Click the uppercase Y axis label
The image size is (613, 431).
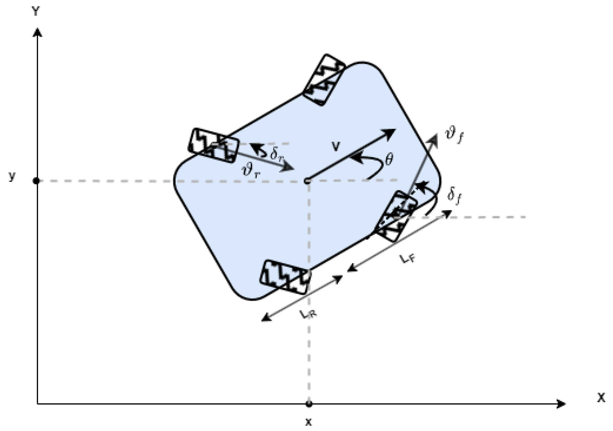tap(35, 12)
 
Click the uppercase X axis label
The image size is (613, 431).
tap(601, 398)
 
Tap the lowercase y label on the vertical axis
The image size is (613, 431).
tap(12, 176)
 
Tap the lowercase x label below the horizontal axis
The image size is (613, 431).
tap(308, 422)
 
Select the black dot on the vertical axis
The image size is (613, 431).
tap(36, 181)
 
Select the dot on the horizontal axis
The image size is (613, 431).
tap(309, 404)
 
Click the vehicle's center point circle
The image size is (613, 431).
tap(307, 181)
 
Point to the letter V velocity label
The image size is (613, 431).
tap(335, 146)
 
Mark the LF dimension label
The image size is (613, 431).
tap(408, 259)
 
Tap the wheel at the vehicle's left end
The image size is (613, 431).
tap(213, 145)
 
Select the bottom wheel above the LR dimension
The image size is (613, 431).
tap(285, 277)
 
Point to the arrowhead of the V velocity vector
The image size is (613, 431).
tap(391, 133)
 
